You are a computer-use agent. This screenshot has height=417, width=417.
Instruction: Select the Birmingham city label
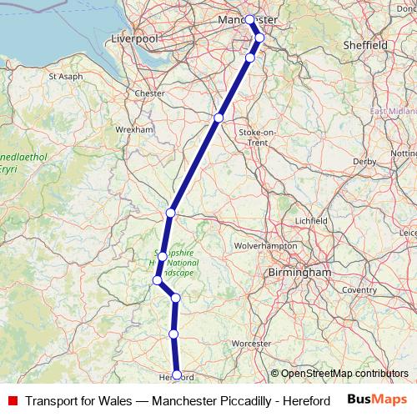point(299,273)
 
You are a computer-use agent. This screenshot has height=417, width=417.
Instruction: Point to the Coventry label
point(359,289)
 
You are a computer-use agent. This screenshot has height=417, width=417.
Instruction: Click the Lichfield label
point(312,220)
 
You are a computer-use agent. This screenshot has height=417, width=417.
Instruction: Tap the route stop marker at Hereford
point(177,374)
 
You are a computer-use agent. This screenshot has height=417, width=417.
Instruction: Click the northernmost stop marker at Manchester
point(250,18)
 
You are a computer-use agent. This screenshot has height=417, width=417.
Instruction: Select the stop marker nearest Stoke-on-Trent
point(219,118)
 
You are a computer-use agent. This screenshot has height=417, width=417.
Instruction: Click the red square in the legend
point(11,401)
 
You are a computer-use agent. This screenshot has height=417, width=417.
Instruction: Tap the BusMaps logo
point(377,400)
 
